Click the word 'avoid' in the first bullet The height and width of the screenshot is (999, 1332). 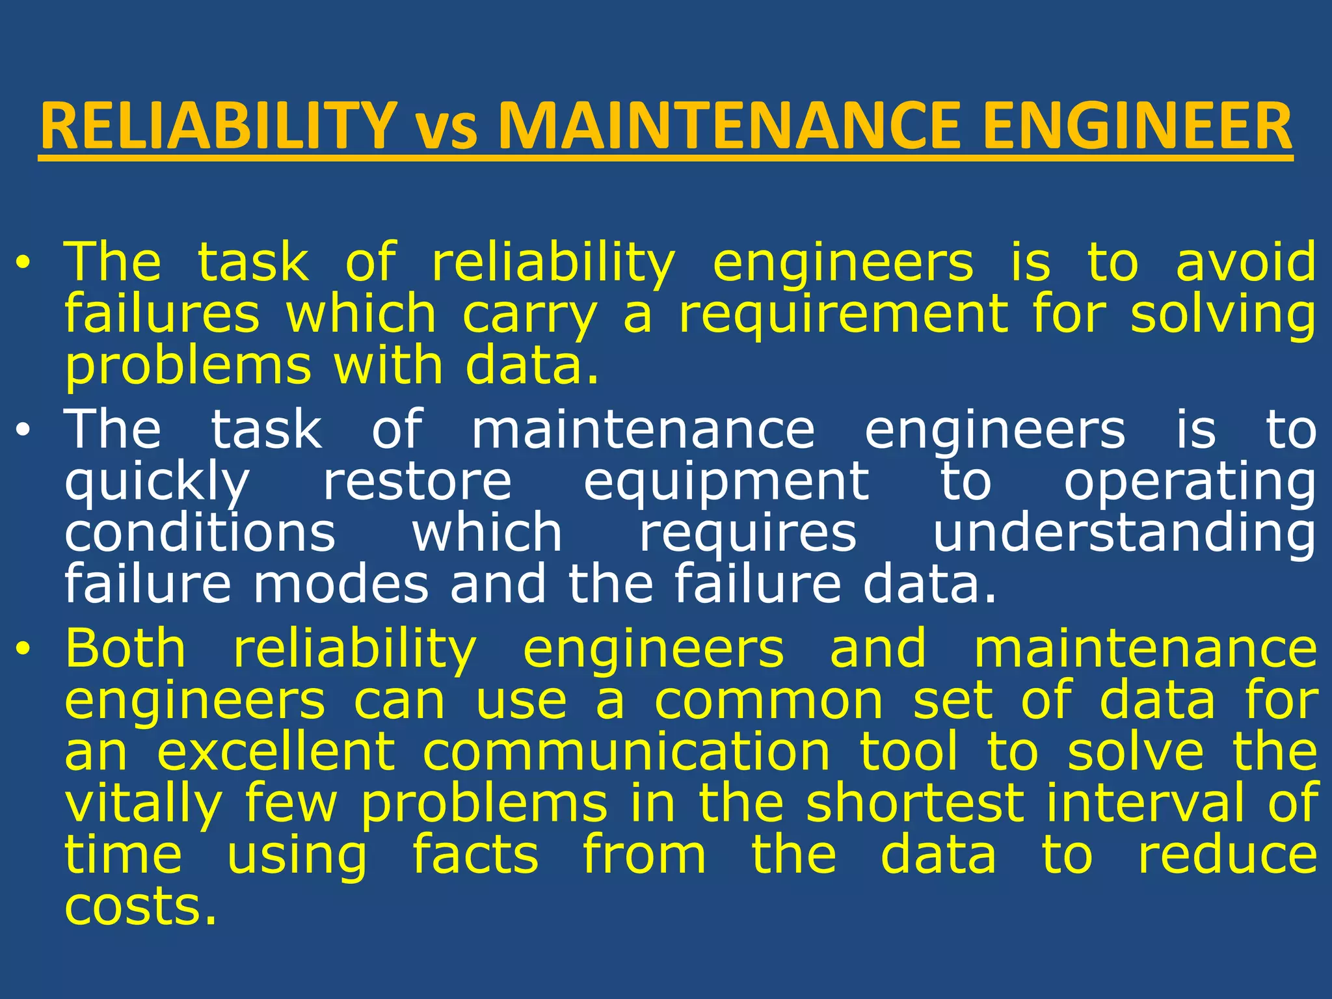pos(1245,262)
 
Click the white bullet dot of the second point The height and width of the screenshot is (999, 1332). pos(23,431)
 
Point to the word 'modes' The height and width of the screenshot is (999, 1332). pos(341,585)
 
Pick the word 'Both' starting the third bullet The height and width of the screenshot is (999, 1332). pos(126,648)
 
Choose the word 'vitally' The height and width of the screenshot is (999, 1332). pos(144,805)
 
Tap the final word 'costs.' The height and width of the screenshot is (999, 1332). pos(140,907)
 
